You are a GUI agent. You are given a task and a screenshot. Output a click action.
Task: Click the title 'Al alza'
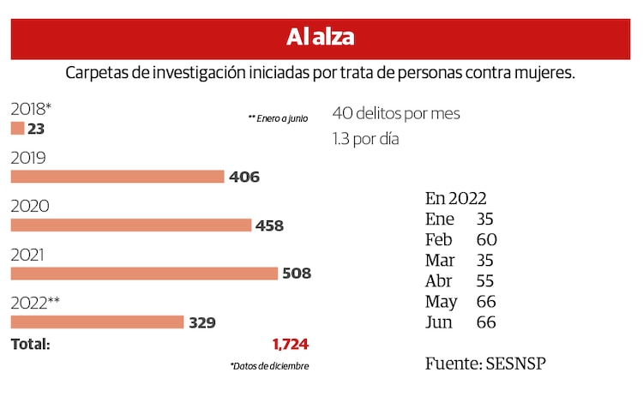tap(321, 38)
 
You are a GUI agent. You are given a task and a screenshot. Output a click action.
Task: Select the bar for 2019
tap(117, 177)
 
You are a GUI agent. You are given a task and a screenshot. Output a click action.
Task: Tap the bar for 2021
tap(144, 274)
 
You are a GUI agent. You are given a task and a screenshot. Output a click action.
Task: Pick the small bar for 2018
tap(17, 129)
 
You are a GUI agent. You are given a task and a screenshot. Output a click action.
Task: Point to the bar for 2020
tap(130, 226)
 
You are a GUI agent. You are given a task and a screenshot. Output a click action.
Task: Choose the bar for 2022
tap(97, 322)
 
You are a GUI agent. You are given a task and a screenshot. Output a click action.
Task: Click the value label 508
tap(297, 274)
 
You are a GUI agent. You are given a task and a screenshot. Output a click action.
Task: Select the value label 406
tap(244, 177)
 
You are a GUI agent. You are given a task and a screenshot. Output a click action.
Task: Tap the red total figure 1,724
tap(290, 345)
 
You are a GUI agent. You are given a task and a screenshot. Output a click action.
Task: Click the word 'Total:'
tap(30, 345)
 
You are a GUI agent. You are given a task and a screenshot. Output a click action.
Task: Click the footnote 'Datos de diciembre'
tap(269, 366)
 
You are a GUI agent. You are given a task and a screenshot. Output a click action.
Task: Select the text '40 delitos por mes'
tap(396, 113)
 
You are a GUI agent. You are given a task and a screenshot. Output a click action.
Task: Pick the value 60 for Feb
tap(486, 239)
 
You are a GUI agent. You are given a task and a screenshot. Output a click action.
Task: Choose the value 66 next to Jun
tap(486, 323)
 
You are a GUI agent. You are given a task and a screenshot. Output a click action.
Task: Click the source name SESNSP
tap(514, 364)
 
